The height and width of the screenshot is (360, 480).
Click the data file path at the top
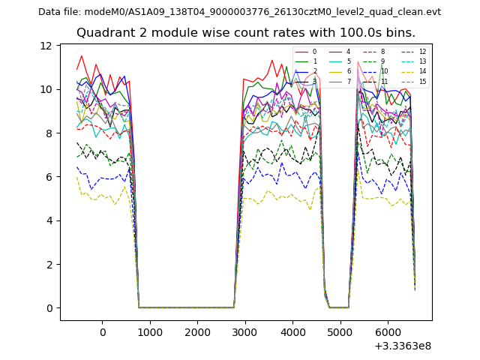(239, 12)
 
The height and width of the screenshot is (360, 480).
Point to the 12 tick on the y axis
(46, 46)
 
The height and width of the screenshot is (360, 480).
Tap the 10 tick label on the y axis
(46, 89)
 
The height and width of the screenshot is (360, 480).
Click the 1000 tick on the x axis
(150, 331)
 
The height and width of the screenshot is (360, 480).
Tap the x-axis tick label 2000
(197, 331)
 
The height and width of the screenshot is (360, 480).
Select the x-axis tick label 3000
(245, 331)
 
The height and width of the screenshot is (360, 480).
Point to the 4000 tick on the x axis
(292, 331)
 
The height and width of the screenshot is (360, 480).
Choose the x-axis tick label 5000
(340, 331)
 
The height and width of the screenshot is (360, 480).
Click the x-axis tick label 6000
(387, 331)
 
